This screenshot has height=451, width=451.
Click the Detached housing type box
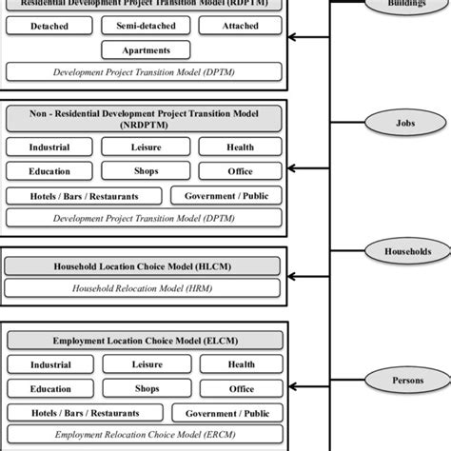[49, 26]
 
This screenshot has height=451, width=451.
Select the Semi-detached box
[145, 26]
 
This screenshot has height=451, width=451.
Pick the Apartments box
[145, 49]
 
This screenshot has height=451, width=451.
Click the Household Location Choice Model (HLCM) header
[145, 265]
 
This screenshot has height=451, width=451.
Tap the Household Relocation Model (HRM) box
[145, 286]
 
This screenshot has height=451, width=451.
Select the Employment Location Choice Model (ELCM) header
[145, 341]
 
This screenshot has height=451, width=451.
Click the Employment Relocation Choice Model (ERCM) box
[145, 433]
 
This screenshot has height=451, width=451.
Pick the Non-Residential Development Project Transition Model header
[145, 118]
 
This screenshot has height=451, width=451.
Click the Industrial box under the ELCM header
[49, 364]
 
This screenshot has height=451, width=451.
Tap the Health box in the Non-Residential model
[240, 147]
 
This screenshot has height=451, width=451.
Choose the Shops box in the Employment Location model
[145, 388]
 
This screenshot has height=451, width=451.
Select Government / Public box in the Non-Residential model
[225, 196]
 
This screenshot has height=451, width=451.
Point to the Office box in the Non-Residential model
[240, 171]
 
